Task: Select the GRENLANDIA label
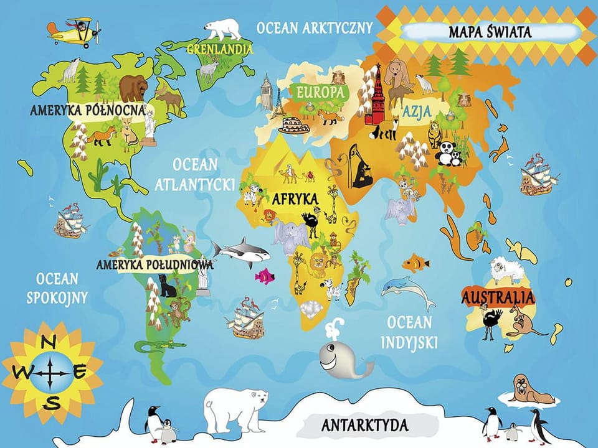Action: pyautogui.click(x=220, y=48)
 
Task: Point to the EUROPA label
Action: pyautogui.click(x=320, y=92)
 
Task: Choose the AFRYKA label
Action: pyautogui.click(x=295, y=200)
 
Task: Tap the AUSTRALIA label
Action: pyautogui.click(x=498, y=297)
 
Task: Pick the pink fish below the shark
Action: pyautogui.click(x=264, y=276)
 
